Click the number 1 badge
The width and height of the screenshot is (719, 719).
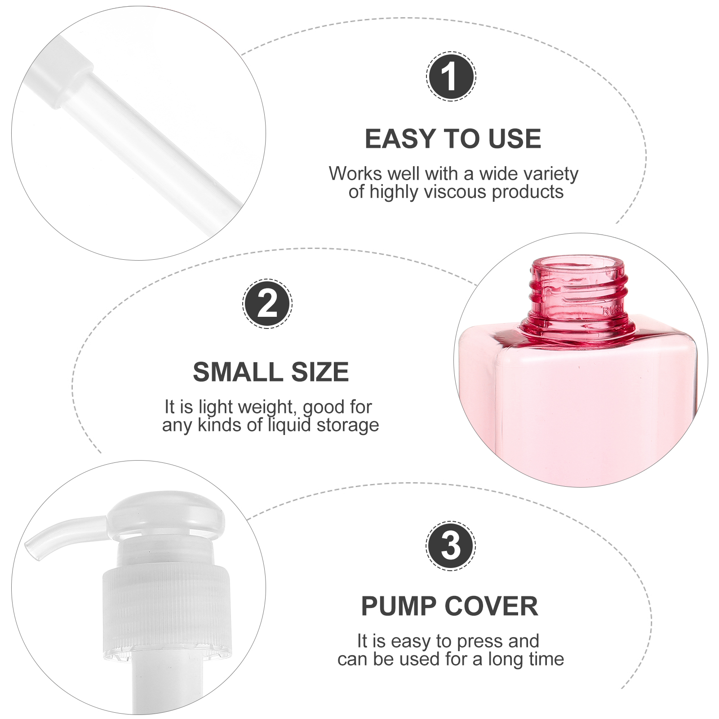(451, 76)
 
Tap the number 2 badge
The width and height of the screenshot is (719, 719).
(267, 304)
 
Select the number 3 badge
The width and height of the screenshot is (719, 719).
(451, 546)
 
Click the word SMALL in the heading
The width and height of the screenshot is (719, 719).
(238, 372)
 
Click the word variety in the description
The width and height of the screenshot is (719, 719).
(551, 173)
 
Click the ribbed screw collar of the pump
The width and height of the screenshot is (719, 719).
(166, 611)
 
